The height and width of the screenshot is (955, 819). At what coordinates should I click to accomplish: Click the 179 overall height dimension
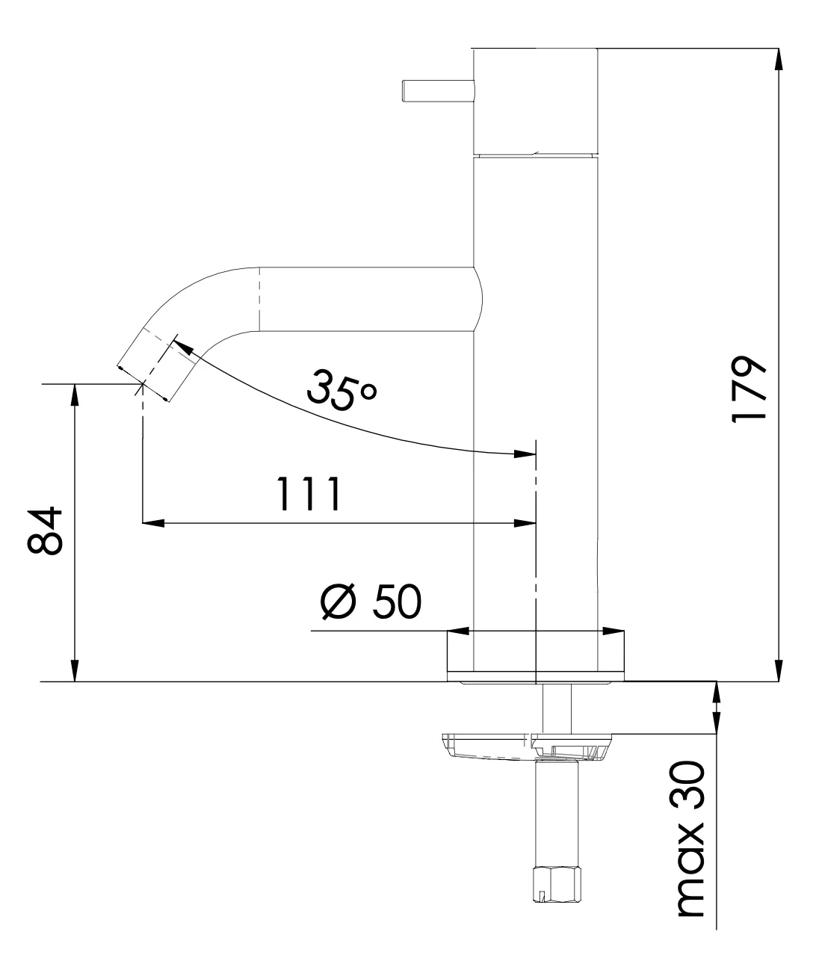(x=748, y=390)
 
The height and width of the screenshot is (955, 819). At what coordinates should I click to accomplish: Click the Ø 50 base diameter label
(x=371, y=602)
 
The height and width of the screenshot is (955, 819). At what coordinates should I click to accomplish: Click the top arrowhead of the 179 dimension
(x=779, y=58)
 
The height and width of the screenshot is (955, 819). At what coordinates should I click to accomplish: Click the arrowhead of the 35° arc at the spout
(x=182, y=345)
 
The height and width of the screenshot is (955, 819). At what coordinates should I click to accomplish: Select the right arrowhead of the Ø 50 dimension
(x=614, y=632)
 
